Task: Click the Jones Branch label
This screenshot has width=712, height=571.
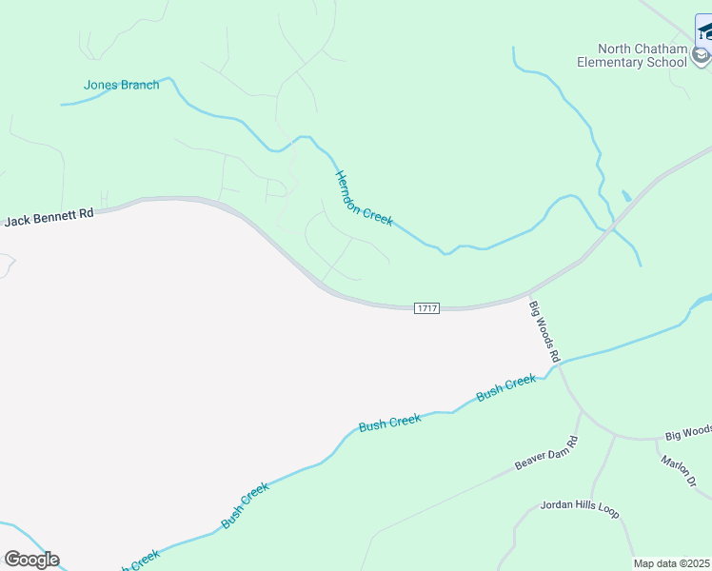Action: pyautogui.click(x=122, y=85)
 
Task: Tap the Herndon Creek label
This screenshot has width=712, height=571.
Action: pyautogui.click(x=364, y=198)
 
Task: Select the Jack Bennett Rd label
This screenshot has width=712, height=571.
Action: pyautogui.click(x=49, y=218)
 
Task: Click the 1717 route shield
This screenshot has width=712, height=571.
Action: pyautogui.click(x=427, y=308)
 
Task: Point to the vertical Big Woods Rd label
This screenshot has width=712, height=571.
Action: pyautogui.click(x=544, y=331)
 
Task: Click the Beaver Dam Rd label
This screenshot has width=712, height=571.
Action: pyautogui.click(x=546, y=454)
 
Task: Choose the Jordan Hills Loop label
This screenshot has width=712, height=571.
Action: pyautogui.click(x=580, y=508)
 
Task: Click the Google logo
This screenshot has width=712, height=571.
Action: pyautogui.click(x=31, y=560)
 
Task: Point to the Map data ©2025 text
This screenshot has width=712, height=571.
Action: pyautogui.click(x=672, y=563)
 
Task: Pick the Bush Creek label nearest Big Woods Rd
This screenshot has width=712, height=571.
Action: pyautogui.click(x=506, y=387)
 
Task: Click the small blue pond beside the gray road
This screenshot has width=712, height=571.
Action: pyautogui.click(x=625, y=196)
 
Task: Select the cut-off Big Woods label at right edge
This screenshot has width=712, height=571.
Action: pyautogui.click(x=688, y=433)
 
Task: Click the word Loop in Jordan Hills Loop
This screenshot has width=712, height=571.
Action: pyautogui.click(x=607, y=512)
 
